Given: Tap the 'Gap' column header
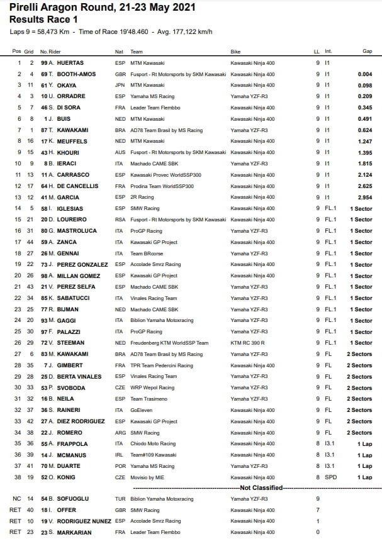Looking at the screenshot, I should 367,51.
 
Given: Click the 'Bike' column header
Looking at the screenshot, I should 235,51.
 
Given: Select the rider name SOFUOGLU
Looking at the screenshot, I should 76,499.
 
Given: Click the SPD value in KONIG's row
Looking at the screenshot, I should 330,477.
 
